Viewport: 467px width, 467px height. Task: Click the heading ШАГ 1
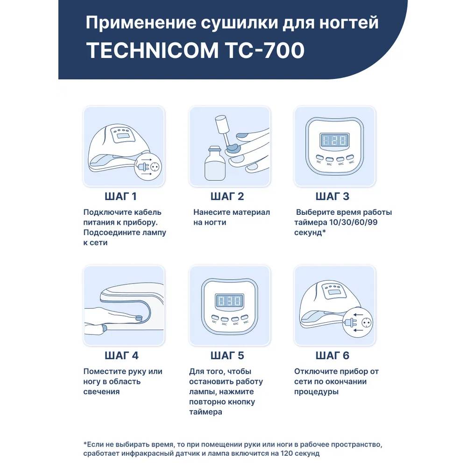pos(120,197)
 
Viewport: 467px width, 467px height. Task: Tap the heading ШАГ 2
pos(227,197)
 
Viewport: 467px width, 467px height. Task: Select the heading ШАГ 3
pos(333,197)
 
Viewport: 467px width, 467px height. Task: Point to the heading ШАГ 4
pos(121,355)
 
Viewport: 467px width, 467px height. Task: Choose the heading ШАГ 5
pos(227,355)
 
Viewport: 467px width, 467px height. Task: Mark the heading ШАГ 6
pos(333,355)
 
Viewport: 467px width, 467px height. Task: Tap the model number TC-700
pos(265,50)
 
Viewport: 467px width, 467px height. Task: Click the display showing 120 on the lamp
pos(334,140)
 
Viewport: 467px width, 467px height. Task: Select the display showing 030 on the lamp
pos(229,301)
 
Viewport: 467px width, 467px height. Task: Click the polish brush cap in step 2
pos(222,125)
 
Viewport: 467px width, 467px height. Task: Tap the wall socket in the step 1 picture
pos(155,167)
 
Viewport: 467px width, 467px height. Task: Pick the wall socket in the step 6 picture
pos(366,323)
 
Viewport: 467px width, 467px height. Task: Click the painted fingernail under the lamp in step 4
pos(139,318)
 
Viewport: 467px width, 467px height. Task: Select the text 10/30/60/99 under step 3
pos(354,222)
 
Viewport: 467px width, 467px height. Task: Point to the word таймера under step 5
pos(205,412)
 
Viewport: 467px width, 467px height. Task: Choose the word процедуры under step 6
pos(316,392)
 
